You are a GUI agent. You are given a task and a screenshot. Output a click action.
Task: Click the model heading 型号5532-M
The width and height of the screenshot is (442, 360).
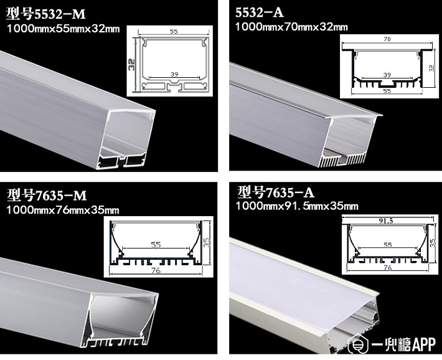(45, 14)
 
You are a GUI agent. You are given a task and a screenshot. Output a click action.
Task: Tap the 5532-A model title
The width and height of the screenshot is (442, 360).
(260, 12)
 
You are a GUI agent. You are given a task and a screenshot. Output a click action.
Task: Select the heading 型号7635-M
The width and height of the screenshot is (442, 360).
(47, 195)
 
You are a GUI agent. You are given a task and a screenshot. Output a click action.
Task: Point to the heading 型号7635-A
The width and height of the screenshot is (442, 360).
(275, 192)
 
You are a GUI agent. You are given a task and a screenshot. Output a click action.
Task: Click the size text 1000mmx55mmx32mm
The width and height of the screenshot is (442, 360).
(63, 29)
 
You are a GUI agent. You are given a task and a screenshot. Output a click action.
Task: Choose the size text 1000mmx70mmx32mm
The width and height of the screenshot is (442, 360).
(291, 27)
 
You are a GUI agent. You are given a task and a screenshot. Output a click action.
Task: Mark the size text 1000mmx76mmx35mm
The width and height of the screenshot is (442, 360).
(63, 210)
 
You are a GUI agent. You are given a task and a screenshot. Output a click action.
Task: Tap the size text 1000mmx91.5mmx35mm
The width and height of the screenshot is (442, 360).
(297, 206)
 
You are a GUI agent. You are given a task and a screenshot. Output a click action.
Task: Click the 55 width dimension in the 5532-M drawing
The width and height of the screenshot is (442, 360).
(174, 31)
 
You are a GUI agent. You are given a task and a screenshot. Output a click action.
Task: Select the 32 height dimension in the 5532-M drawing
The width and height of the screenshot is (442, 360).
(131, 64)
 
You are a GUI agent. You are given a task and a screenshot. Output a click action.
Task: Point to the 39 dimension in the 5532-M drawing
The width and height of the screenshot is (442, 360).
(174, 75)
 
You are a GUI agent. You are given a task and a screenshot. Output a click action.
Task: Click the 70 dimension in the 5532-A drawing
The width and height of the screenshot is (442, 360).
(387, 39)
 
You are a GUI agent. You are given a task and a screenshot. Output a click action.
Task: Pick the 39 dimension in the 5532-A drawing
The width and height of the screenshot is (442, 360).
(387, 75)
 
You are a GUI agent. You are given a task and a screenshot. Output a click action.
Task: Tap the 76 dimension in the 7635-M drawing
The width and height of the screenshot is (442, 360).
(156, 271)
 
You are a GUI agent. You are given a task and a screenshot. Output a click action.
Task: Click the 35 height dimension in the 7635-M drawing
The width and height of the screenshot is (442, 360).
(207, 242)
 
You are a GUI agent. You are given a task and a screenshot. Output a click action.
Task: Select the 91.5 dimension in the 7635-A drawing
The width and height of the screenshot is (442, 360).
(386, 220)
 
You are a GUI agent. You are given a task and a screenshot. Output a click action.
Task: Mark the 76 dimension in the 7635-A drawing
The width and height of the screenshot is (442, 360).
(388, 267)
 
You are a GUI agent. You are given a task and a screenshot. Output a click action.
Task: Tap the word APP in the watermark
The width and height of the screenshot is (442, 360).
(424, 344)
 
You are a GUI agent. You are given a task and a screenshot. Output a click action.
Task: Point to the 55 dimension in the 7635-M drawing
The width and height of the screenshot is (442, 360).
(156, 245)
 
